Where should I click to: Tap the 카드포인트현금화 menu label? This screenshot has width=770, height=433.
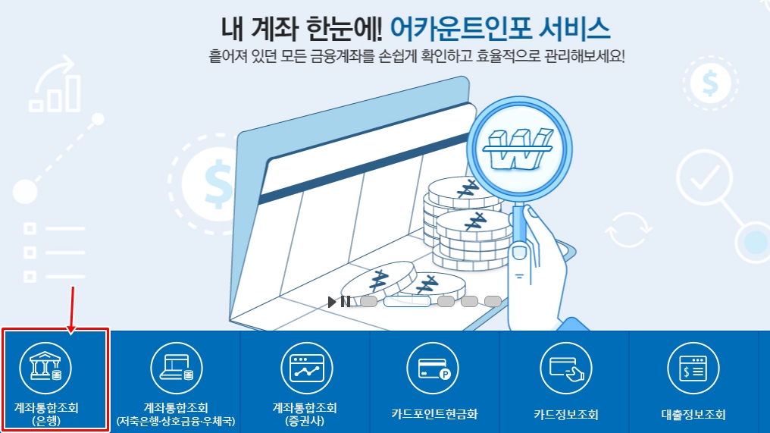[x=434, y=415]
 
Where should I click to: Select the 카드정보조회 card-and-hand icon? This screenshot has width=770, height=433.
[x=565, y=368]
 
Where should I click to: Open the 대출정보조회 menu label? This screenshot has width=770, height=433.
[x=693, y=415]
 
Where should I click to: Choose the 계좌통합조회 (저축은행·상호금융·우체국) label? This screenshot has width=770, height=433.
[x=176, y=414]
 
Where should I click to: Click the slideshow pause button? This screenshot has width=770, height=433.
[x=345, y=302]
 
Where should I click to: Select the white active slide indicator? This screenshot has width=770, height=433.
[x=407, y=302]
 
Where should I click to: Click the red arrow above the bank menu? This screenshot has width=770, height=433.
[x=73, y=308]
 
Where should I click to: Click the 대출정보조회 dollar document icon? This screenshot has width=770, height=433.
[x=693, y=368]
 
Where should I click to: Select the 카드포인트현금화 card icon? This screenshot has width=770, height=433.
[x=434, y=368]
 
